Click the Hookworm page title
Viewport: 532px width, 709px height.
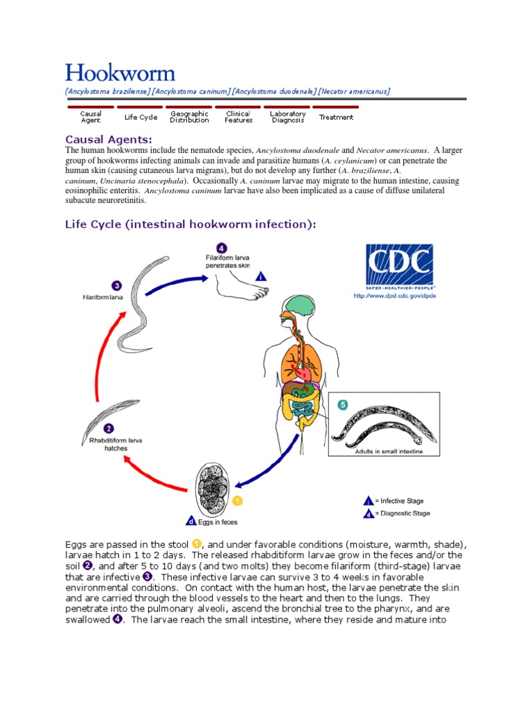pyautogui.click(x=120, y=73)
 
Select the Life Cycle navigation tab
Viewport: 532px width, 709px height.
pyautogui.click(x=141, y=117)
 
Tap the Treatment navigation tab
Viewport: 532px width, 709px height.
pyautogui.click(x=336, y=117)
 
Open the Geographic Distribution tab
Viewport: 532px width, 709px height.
pyautogui.click(x=189, y=117)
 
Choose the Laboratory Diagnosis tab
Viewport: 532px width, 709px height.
pyautogui.click(x=287, y=117)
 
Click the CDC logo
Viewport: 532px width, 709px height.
pyautogui.click(x=399, y=267)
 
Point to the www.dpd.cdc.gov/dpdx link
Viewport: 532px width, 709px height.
pyautogui.click(x=395, y=296)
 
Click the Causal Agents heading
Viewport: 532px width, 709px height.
pyautogui.click(x=108, y=139)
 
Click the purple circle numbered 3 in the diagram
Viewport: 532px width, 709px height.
pyautogui.click(x=116, y=285)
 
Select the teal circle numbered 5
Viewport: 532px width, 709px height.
pyautogui.click(x=342, y=405)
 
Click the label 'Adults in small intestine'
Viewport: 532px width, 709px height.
pyautogui.click(x=389, y=451)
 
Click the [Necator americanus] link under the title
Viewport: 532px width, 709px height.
pyautogui.click(x=355, y=91)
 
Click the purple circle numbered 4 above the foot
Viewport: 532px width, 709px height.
pyautogui.click(x=221, y=248)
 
